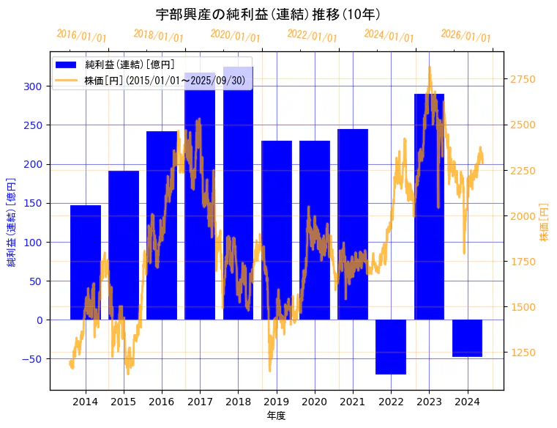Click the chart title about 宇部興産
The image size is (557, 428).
tap(268, 14)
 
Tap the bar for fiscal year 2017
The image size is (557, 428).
tap(200, 198)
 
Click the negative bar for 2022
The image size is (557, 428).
tap(391, 347)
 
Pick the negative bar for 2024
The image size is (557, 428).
tap(467, 338)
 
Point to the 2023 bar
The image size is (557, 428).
tap(429, 206)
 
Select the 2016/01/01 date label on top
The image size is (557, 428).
tap(81, 36)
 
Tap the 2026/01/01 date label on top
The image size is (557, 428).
tap(466, 36)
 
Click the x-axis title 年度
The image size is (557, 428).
tap(276, 416)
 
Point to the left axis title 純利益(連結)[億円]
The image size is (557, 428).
tap(12, 221)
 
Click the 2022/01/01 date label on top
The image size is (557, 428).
tap(312, 36)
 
